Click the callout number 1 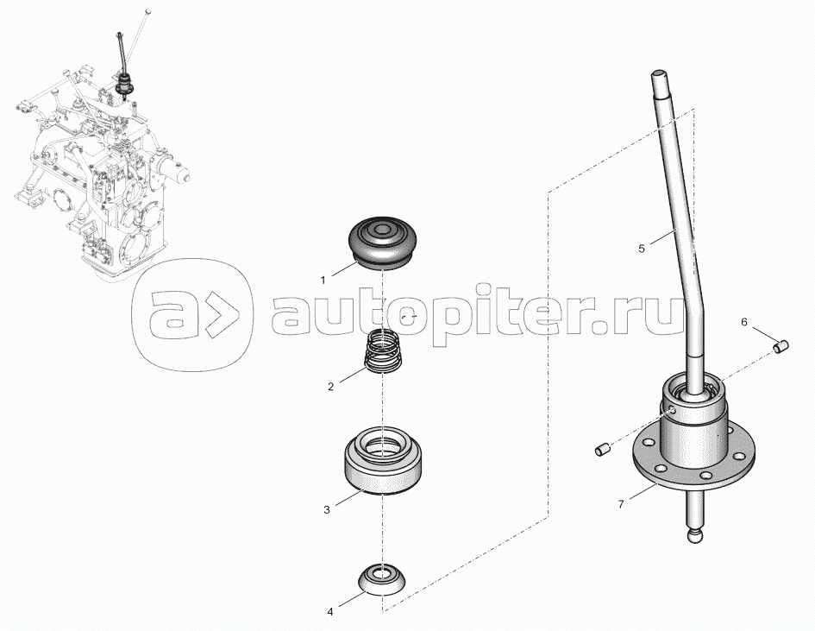(323, 281)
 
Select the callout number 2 (330, 387)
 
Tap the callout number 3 (326, 510)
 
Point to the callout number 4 (329, 612)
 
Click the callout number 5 (642, 249)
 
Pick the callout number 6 (743, 323)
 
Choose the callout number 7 (621, 504)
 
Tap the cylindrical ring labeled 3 (383, 459)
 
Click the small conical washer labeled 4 (383, 578)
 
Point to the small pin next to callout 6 (781, 346)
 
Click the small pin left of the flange (603, 449)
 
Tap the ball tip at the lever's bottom (697, 536)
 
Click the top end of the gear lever (658, 74)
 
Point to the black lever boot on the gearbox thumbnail (125, 83)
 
